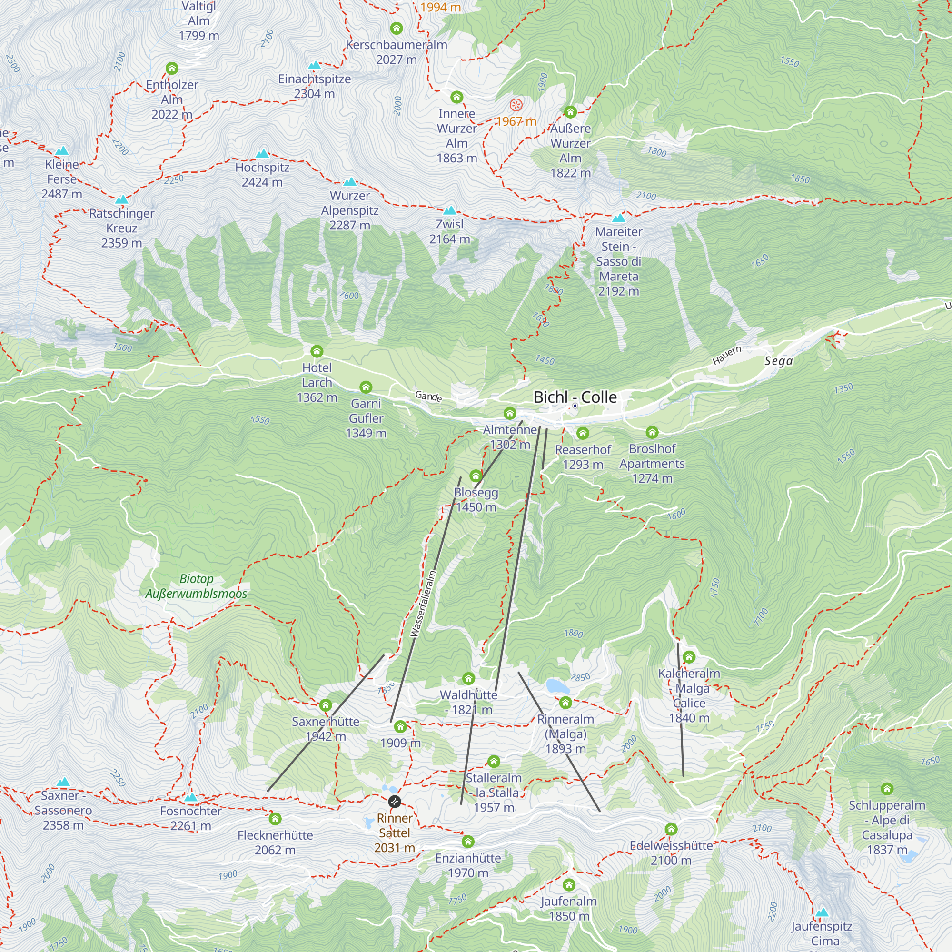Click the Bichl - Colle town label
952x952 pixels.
click(x=575, y=397)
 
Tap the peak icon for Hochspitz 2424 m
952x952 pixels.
click(x=263, y=154)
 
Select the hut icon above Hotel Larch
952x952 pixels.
click(x=317, y=351)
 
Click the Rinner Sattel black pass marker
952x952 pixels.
click(x=394, y=802)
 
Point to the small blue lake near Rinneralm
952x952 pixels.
click(x=557, y=686)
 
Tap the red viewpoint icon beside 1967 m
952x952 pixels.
click(x=516, y=105)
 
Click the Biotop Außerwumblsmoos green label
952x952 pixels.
click(x=196, y=586)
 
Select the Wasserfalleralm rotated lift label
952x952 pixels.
click(x=423, y=603)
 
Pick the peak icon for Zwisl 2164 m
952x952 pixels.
click(x=449, y=211)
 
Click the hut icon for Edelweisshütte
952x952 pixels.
click(x=671, y=829)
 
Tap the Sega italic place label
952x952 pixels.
click(x=779, y=361)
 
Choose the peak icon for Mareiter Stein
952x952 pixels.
click(x=618, y=218)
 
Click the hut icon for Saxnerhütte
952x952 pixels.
click(x=325, y=705)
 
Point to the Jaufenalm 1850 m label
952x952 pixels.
click(x=569, y=909)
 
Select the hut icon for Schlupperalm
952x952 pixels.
click(x=886, y=789)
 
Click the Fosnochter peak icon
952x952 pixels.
click(x=191, y=797)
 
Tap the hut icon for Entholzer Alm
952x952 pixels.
click(x=171, y=68)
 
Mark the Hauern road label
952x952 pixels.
click(x=726, y=355)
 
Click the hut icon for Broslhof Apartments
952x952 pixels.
click(x=652, y=433)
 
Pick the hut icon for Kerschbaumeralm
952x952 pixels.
click(x=396, y=28)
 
